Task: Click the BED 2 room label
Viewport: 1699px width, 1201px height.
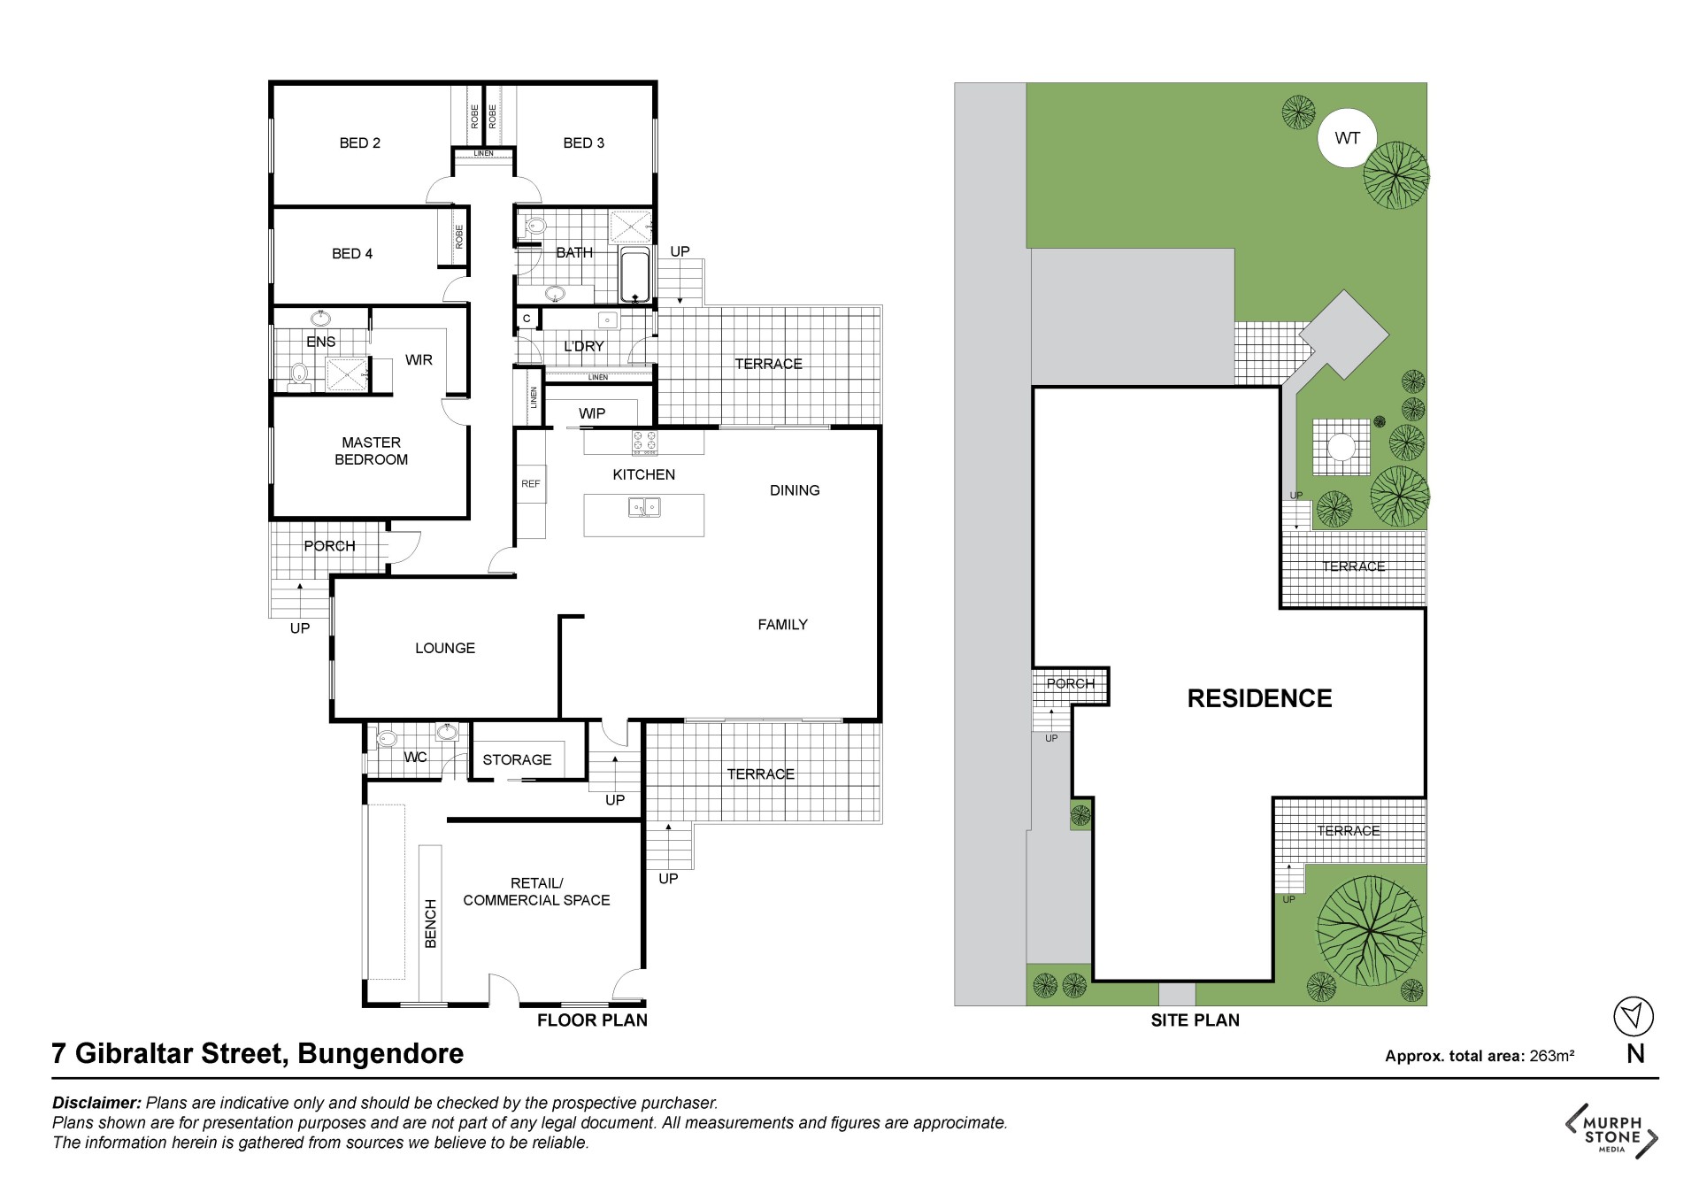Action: pos(359,142)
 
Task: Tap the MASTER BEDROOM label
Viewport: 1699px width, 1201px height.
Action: pos(371,450)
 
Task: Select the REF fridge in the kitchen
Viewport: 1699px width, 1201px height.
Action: pos(531,484)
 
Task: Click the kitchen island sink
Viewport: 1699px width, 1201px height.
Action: pos(643,508)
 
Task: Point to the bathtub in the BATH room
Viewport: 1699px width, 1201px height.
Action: pos(634,275)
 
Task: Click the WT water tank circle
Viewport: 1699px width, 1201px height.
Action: pos(1347,138)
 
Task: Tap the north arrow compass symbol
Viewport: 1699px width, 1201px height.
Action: pos(1634,1016)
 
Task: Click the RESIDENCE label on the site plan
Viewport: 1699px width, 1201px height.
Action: pos(1259,698)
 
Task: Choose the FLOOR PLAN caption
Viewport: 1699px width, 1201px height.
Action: pos(592,1020)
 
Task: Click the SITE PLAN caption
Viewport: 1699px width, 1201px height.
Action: pos(1195,1020)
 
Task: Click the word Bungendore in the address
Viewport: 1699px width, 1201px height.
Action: pos(381,1054)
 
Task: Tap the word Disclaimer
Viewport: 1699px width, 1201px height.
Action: pos(96,1103)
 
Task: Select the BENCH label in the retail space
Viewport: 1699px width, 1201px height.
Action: pos(431,924)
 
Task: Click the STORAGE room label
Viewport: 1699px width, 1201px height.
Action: pos(517,759)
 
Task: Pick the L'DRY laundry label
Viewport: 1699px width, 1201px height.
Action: pos(584,346)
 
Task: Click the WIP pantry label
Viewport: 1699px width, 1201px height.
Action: pos(592,413)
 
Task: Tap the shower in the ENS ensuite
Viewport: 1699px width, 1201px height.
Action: pos(346,373)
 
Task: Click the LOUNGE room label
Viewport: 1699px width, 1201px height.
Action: pos(445,648)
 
